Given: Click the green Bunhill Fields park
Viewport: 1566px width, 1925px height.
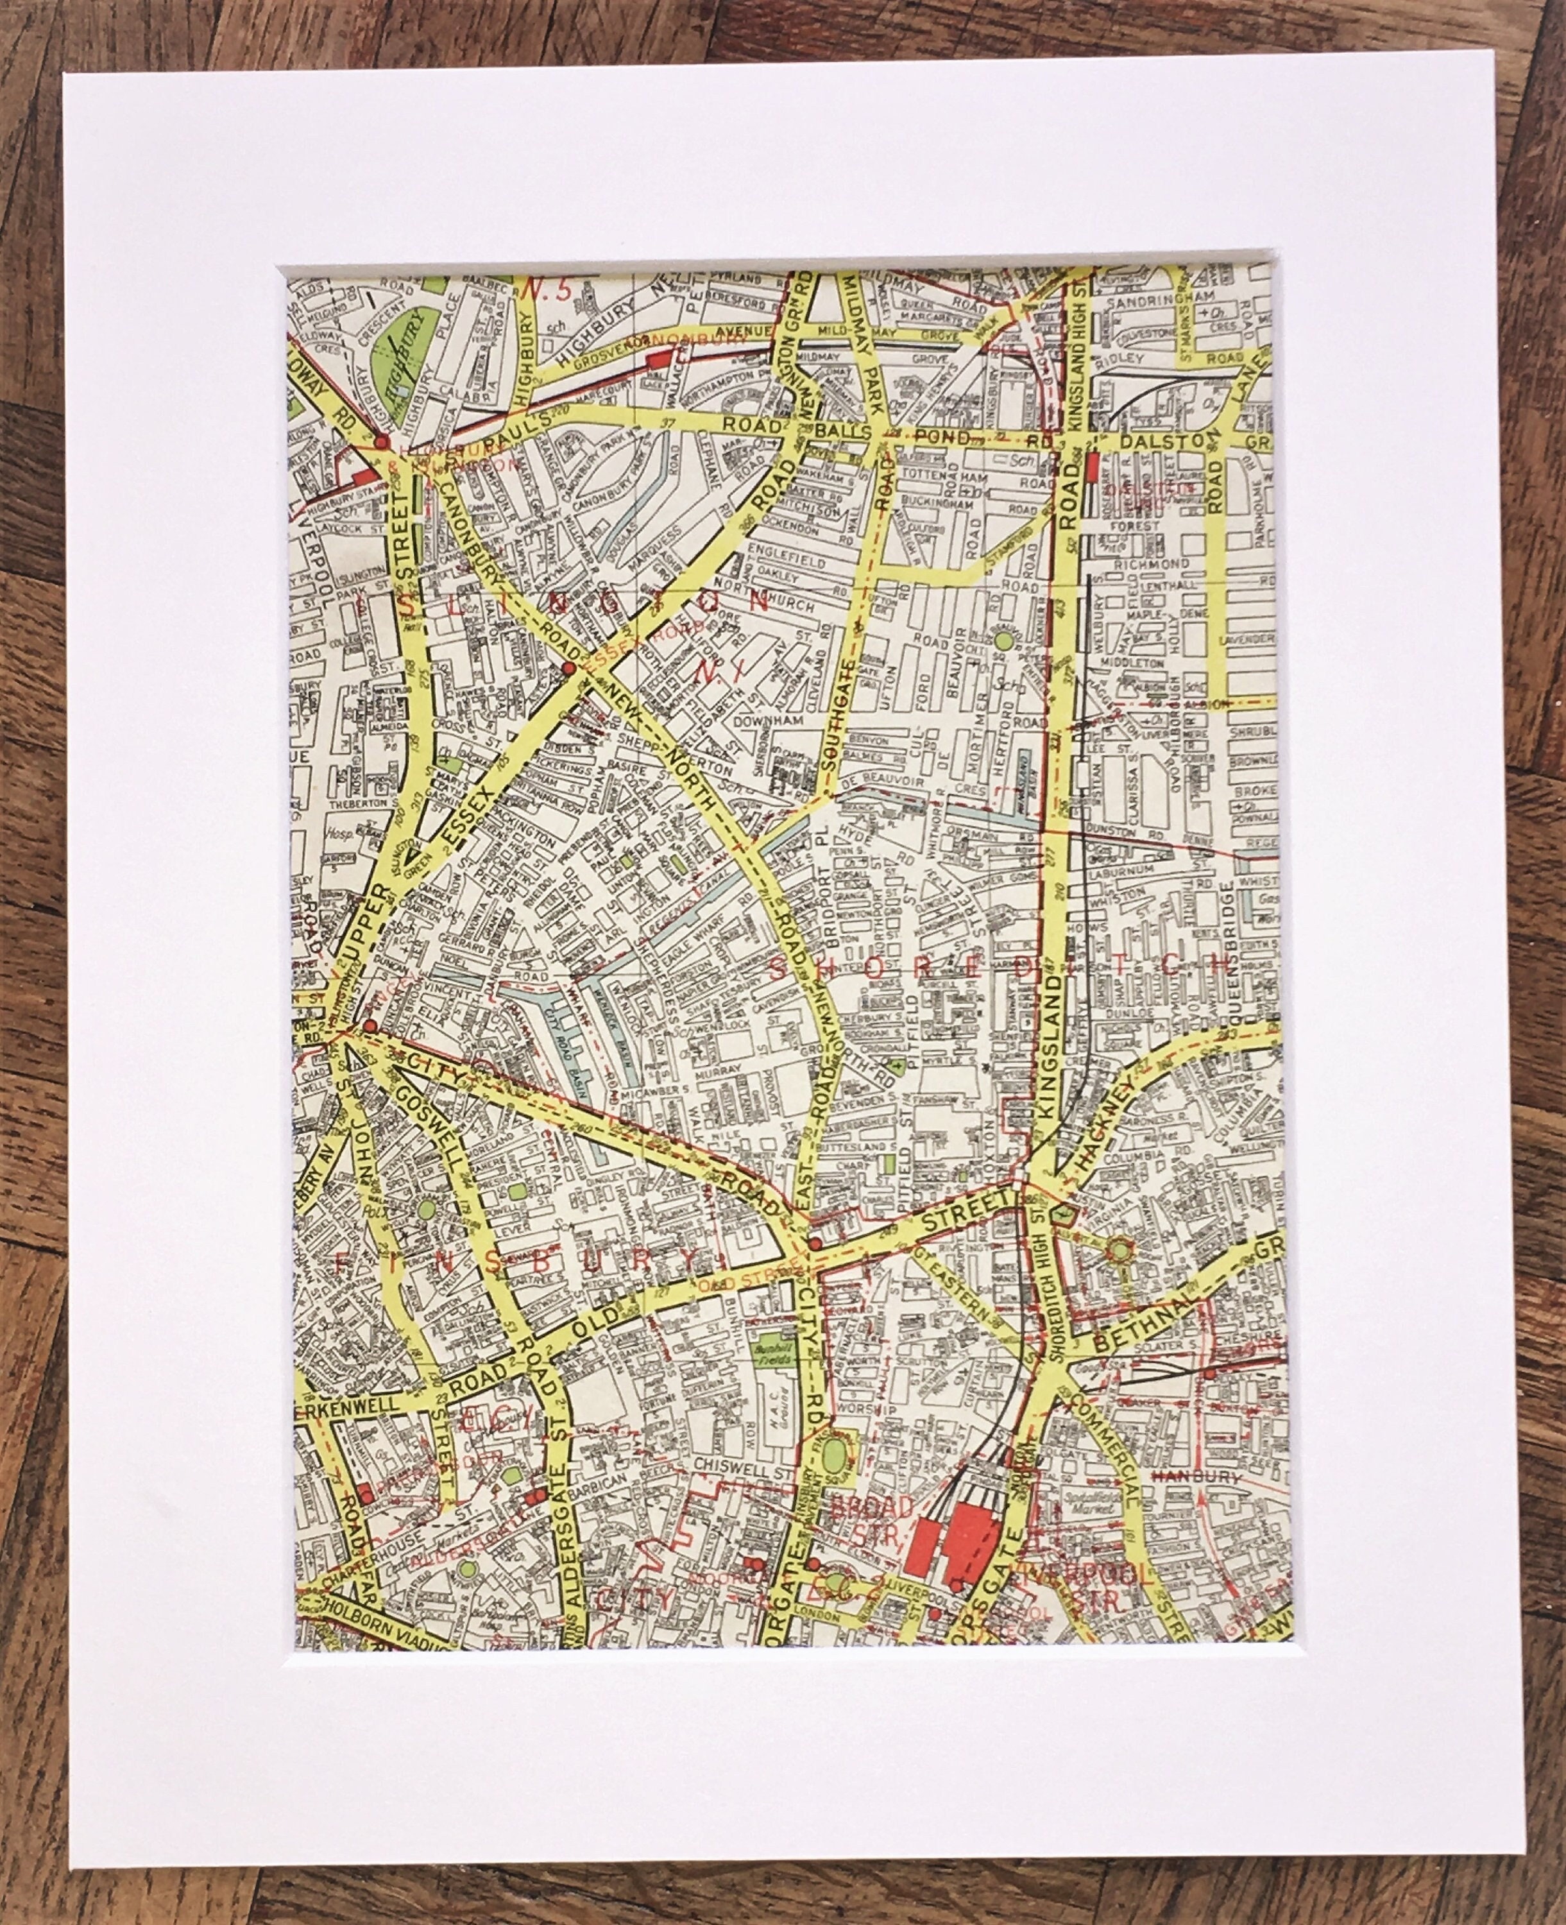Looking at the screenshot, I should click(x=769, y=1353).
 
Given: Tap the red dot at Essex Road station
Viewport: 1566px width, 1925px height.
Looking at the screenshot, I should click(x=568, y=669).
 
